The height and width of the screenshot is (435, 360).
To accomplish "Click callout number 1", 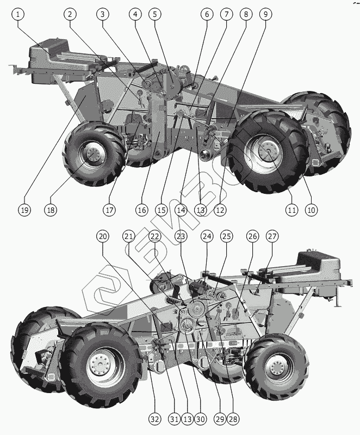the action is coord(19,14).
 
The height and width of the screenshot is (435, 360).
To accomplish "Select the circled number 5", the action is coord(156,14).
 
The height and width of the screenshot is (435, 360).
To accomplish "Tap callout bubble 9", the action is coord(265,14).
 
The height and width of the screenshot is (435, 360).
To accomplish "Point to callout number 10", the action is coord(311,210).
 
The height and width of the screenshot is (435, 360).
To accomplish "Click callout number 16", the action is coord(141,210).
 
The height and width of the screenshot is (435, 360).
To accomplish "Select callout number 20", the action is coord(103,236).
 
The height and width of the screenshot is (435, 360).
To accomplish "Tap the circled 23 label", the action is coord(181,236).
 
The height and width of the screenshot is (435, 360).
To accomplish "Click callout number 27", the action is coord(272,236).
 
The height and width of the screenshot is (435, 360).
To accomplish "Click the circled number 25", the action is coord(226,236).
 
